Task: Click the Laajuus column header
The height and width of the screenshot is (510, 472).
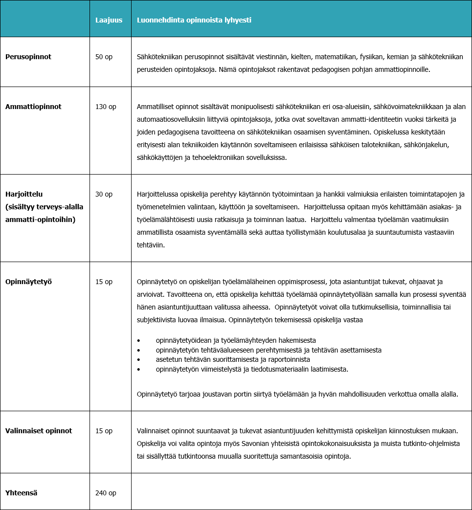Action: point(109,20)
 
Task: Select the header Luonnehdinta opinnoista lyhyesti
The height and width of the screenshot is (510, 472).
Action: point(194,20)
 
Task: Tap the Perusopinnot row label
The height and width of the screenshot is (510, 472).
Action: point(28,57)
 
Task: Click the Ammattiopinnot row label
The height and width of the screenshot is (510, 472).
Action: point(33,107)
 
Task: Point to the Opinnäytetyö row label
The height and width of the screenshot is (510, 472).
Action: point(28,282)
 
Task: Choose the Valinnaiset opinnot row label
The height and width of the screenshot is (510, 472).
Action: point(39,431)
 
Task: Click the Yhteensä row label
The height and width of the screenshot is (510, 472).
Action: point(22,493)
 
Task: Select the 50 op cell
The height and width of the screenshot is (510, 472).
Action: point(104,57)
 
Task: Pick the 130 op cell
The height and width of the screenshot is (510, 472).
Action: point(106,107)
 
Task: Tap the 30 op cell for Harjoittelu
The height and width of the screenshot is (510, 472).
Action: point(104,194)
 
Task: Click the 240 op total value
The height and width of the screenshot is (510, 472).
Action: point(106,493)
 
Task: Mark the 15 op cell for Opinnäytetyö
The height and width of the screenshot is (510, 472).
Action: point(104,282)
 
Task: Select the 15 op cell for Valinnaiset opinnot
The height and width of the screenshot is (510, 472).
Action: point(104,431)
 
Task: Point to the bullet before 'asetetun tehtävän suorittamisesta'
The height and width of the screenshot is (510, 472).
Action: point(139,359)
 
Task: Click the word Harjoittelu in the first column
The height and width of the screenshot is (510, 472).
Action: point(24,194)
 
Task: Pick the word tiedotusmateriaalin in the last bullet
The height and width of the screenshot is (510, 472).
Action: point(276,369)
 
